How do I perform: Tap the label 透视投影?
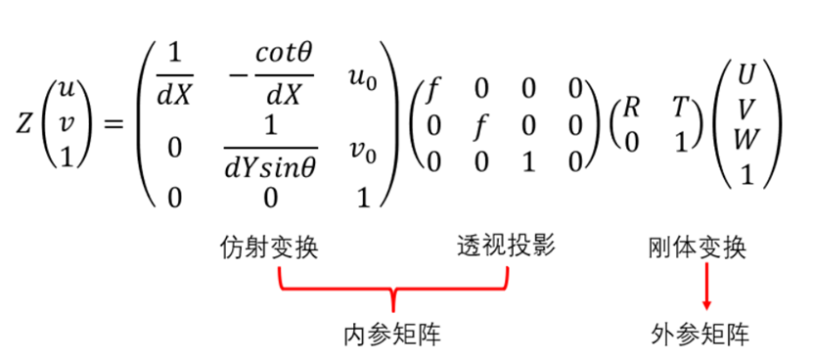(506, 246)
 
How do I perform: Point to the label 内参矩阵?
(392, 335)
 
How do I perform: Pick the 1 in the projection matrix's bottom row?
(529, 157)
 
